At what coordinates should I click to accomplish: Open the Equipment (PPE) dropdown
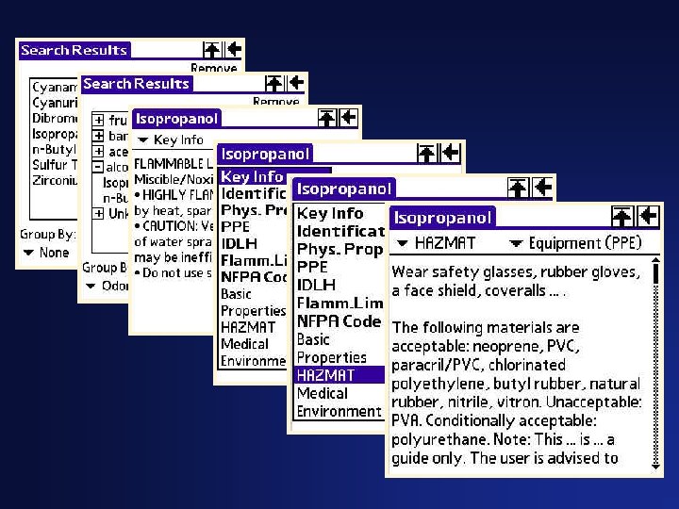(x=574, y=243)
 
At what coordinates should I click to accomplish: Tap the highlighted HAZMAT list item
(x=325, y=375)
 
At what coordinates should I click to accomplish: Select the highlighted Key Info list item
(x=251, y=176)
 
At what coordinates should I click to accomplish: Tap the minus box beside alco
(x=98, y=167)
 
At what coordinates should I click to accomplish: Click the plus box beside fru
(x=98, y=121)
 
